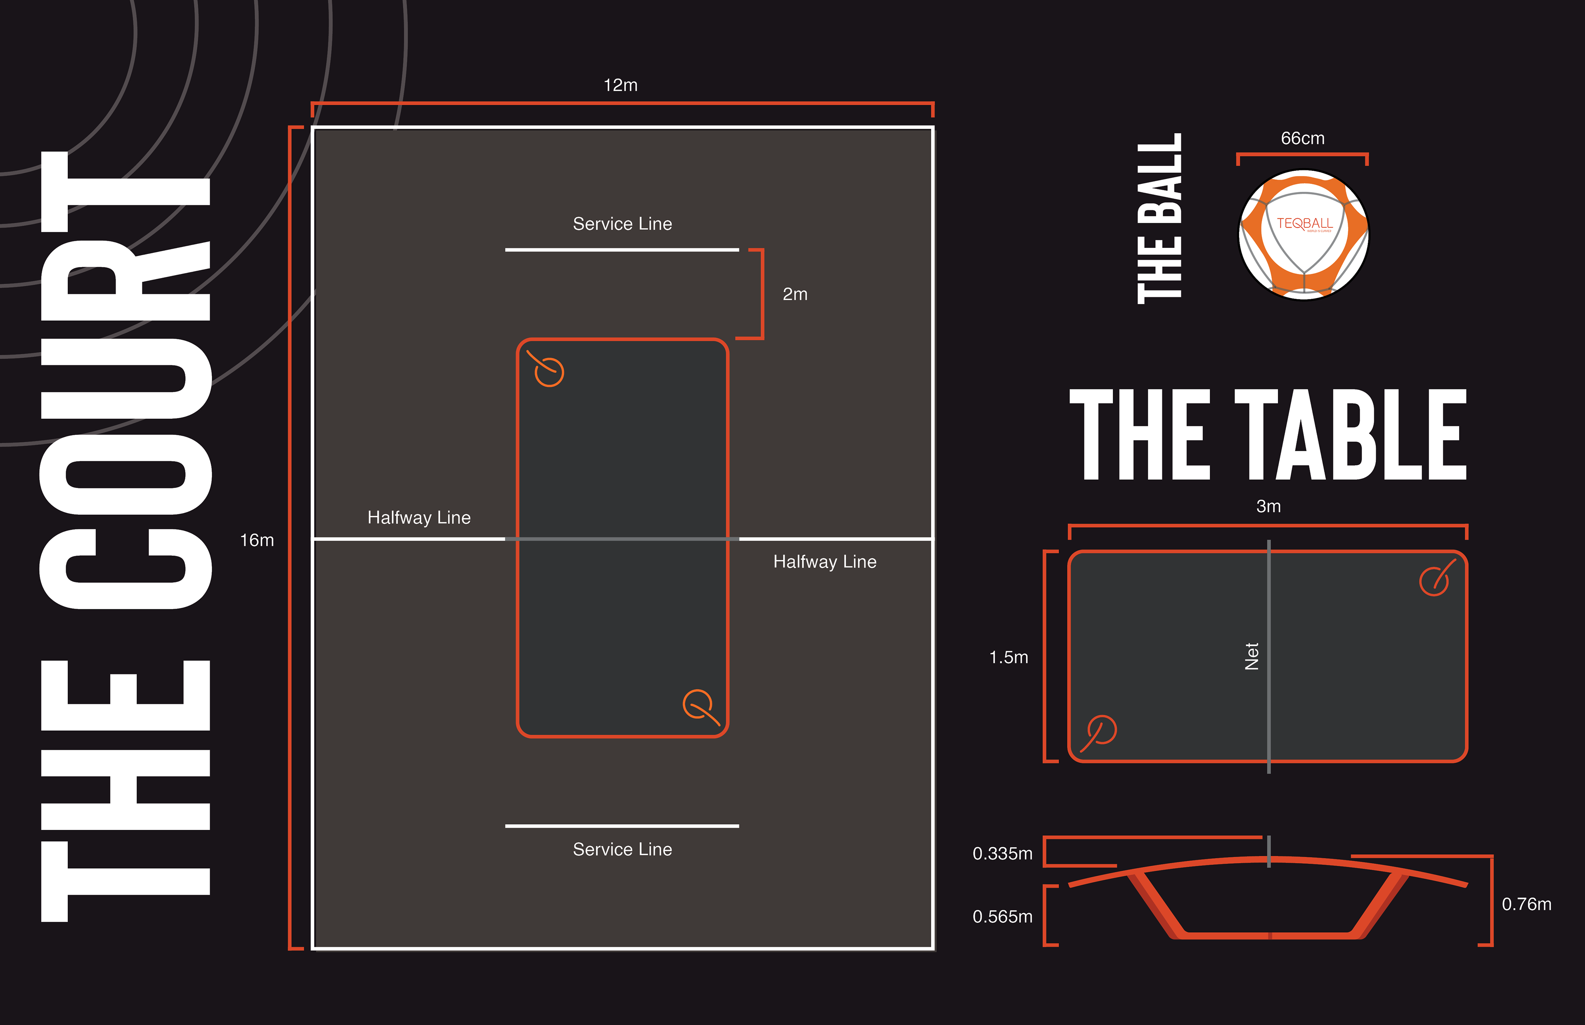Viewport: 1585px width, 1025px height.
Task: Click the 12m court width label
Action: coord(620,85)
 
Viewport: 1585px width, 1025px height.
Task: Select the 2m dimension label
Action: coord(795,294)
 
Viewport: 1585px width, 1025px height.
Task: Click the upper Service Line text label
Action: coord(622,224)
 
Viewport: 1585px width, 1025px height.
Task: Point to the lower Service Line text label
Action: coord(622,849)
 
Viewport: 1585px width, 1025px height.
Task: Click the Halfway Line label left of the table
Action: coord(419,517)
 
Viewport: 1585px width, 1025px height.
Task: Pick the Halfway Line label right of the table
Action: coord(824,562)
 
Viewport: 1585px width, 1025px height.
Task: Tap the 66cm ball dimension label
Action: coord(1303,139)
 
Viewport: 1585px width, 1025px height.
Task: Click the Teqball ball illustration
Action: coord(1303,234)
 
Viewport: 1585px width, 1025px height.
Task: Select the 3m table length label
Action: coord(1268,507)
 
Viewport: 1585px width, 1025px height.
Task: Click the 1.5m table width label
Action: coord(1008,657)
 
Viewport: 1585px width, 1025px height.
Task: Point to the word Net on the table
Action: coord(1252,656)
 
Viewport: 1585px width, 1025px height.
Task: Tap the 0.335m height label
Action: coord(1002,853)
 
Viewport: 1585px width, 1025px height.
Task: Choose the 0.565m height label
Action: coord(1002,917)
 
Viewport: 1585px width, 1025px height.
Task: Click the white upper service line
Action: coord(622,250)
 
